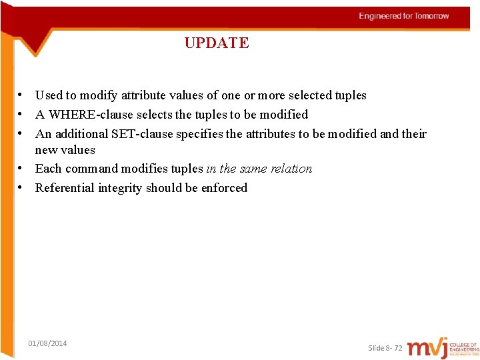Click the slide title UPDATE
click(x=217, y=43)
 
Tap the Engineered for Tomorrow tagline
click(x=404, y=16)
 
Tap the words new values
click(x=65, y=150)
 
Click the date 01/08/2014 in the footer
click(x=47, y=343)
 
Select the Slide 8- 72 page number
click(x=385, y=348)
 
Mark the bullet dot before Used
click(x=22, y=95)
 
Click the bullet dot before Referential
click(x=22, y=188)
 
